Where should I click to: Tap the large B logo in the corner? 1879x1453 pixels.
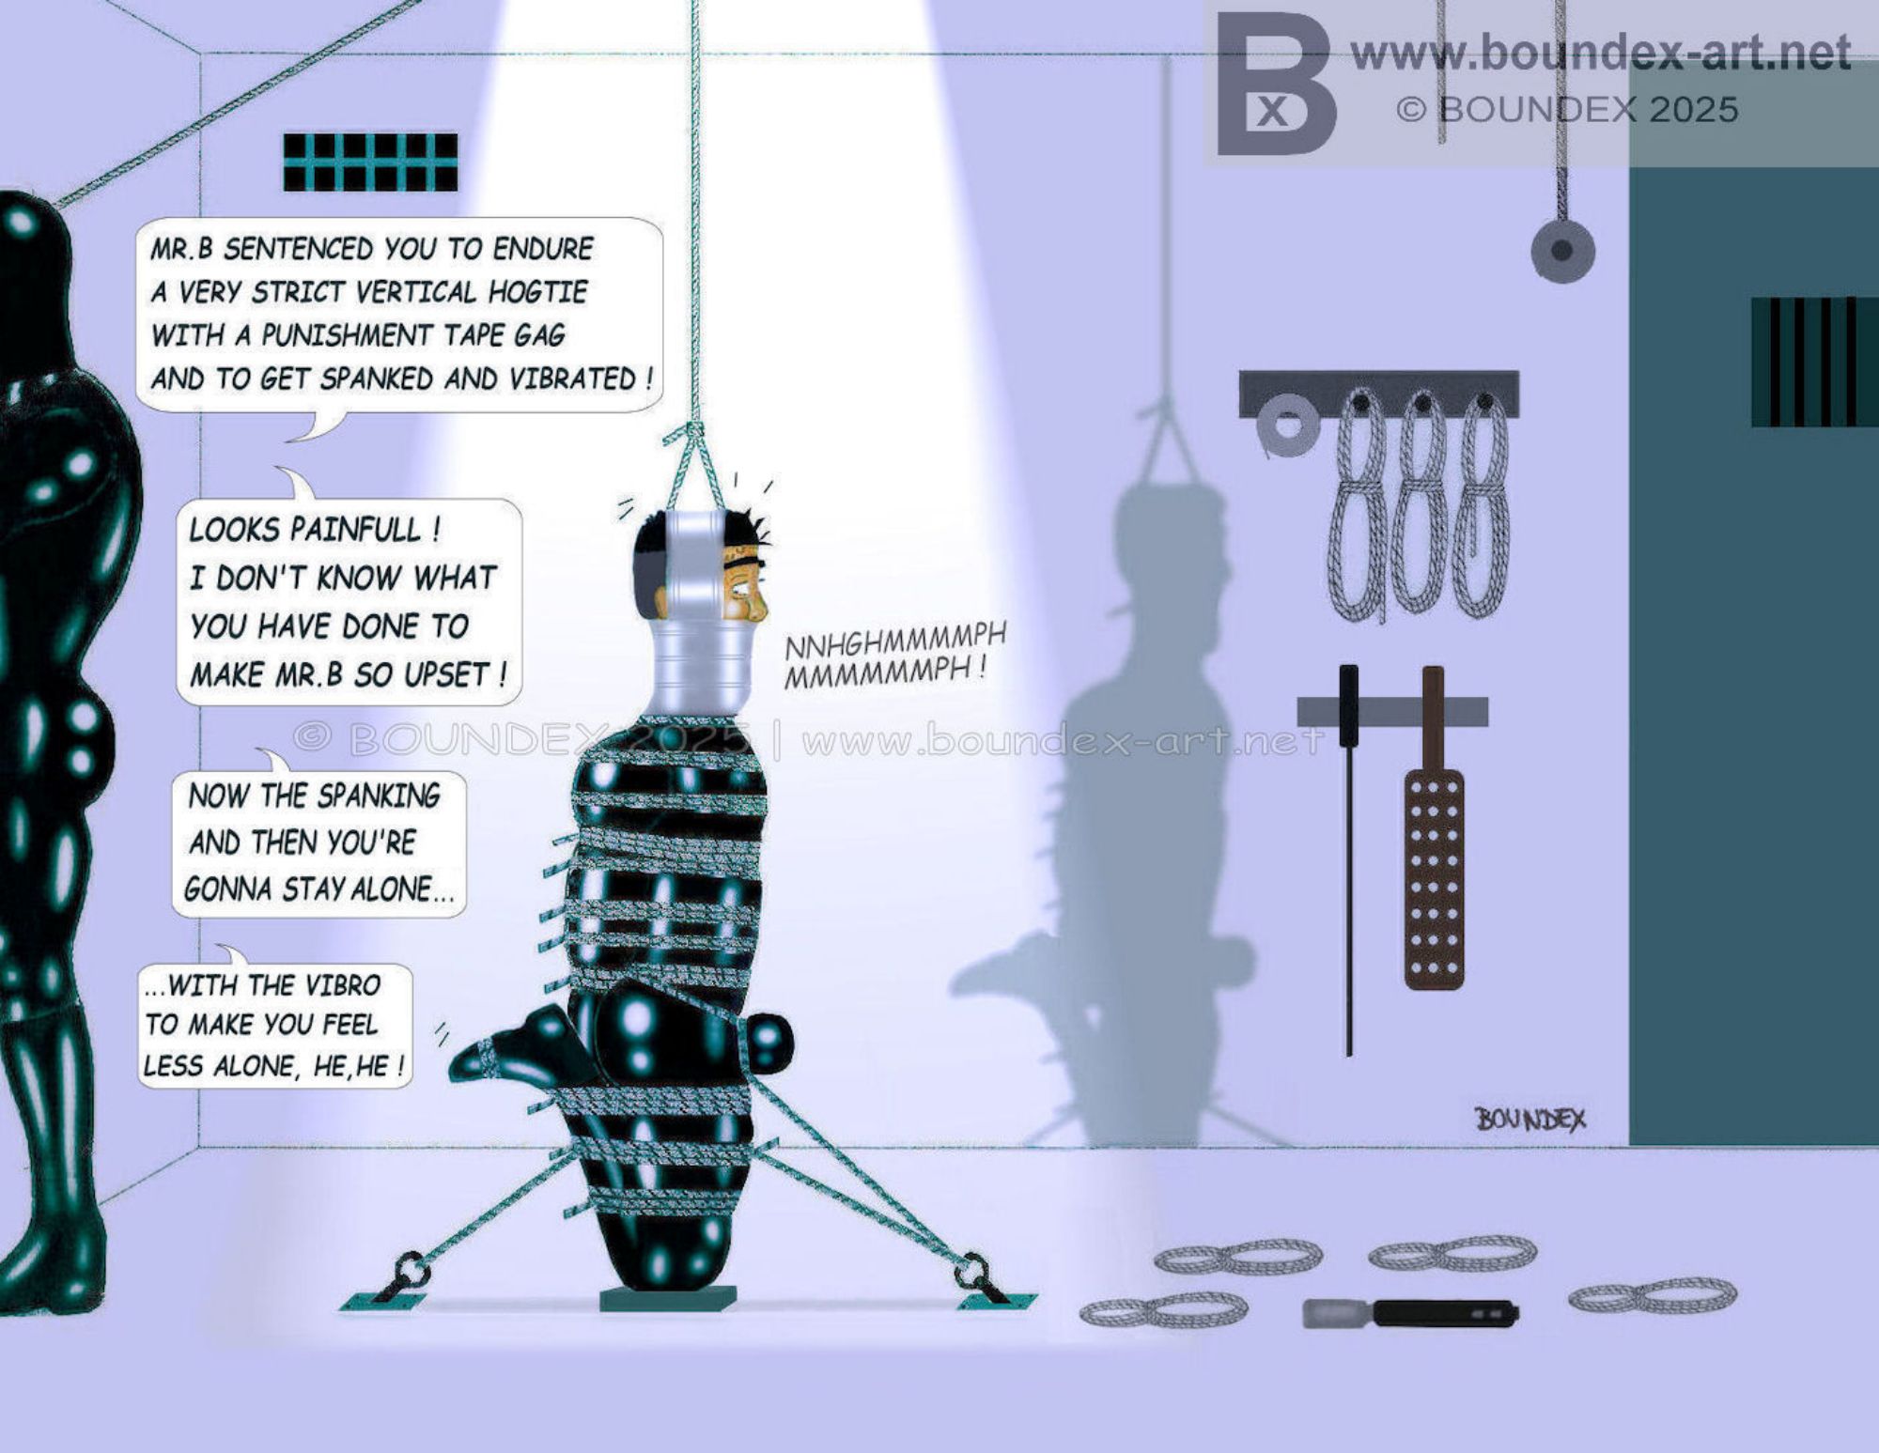click(x=1275, y=85)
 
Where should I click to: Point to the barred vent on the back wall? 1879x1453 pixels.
click(x=370, y=162)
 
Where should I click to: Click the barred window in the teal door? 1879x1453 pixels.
click(x=1813, y=362)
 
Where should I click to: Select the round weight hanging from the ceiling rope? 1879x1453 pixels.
click(x=1562, y=251)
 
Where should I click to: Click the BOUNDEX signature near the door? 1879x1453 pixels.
click(x=1530, y=1119)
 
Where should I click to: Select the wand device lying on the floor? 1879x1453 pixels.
click(x=1410, y=1313)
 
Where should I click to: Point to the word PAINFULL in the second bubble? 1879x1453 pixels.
click(x=366, y=529)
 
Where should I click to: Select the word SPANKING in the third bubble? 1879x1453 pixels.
click(x=378, y=796)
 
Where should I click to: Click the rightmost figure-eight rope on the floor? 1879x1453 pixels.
click(x=1653, y=1295)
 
